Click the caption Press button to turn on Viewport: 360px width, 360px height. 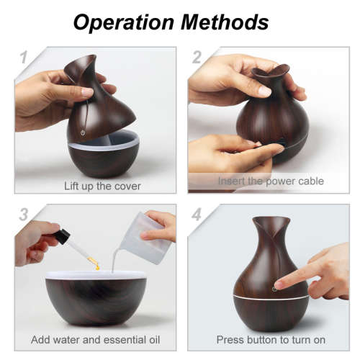pyautogui.click(x=271, y=339)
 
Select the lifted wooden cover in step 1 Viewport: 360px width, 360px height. pyautogui.click(x=94, y=101)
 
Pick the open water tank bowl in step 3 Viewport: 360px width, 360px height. pyautogui.click(x=96, y=295)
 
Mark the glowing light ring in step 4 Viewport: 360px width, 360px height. pyautogui.click(x=271, y=297)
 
